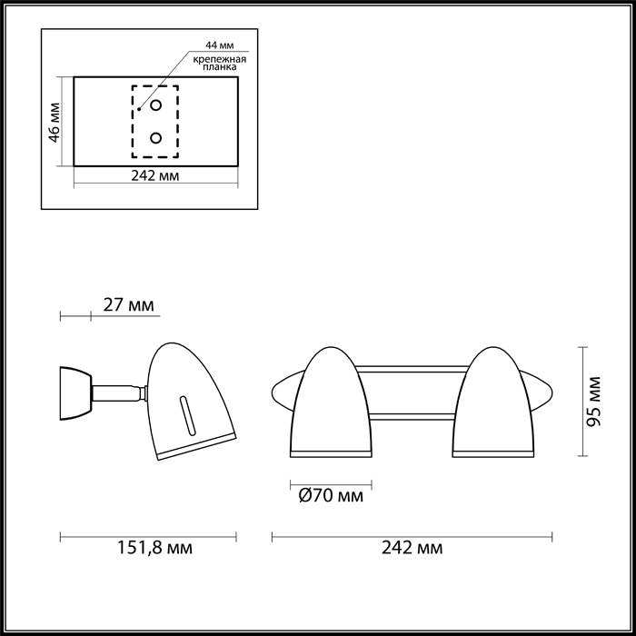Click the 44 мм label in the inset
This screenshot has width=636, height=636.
click(219, 45)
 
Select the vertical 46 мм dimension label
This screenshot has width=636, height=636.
click(54, 122)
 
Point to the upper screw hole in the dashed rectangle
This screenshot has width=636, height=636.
click(156, 105)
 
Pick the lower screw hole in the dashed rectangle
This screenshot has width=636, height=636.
click(156, 138)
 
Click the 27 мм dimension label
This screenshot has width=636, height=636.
click(127, 304)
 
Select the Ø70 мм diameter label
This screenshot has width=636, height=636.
click(331, 496)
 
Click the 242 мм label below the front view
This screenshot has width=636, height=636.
click(413, 549)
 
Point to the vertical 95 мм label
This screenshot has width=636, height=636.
click(593, 401)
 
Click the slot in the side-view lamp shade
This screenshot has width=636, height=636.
click(188, 417)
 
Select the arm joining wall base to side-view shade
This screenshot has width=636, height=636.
click(117, 393)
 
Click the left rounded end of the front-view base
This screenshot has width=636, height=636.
click(283, 393)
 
